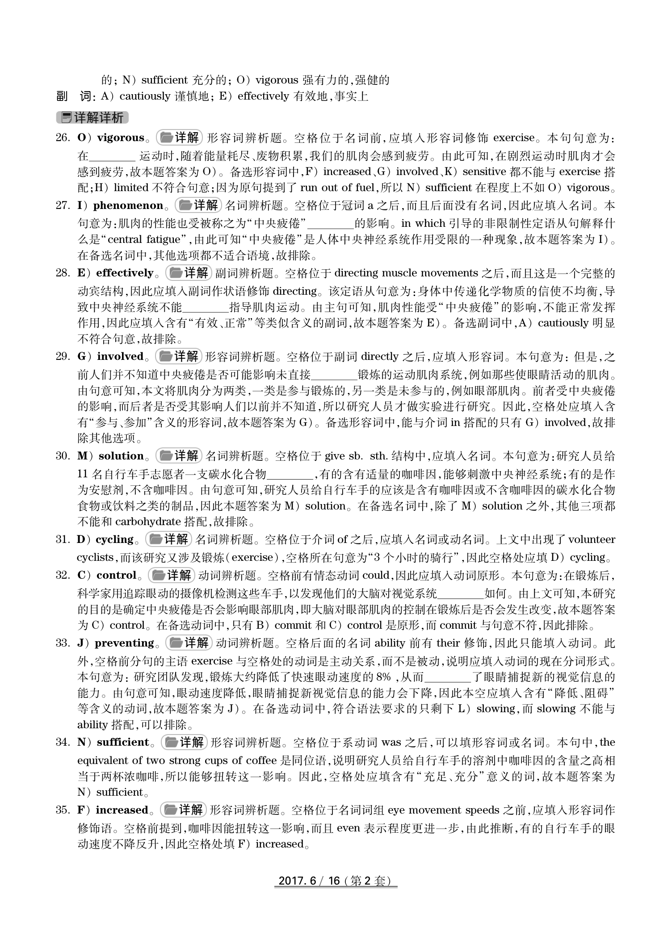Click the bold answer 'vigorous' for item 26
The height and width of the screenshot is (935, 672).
[121, 138]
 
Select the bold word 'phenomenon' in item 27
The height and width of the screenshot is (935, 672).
[128, 206]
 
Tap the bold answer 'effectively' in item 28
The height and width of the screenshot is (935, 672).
[125, 273]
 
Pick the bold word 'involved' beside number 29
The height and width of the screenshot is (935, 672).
[120, 357]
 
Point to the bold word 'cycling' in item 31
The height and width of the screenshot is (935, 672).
[115, 540]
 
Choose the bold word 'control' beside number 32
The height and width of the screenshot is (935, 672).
[116, 576]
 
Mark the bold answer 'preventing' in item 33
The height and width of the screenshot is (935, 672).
[124, 643]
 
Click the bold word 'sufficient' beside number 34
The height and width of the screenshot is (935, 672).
[123, 743]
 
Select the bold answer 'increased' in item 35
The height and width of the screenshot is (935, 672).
[122, 810]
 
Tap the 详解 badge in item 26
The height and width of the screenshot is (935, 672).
[180, 138]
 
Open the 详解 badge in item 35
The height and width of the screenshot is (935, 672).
[183, 810]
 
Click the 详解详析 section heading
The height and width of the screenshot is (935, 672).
[92, 118]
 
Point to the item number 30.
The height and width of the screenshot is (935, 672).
[62, 456]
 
